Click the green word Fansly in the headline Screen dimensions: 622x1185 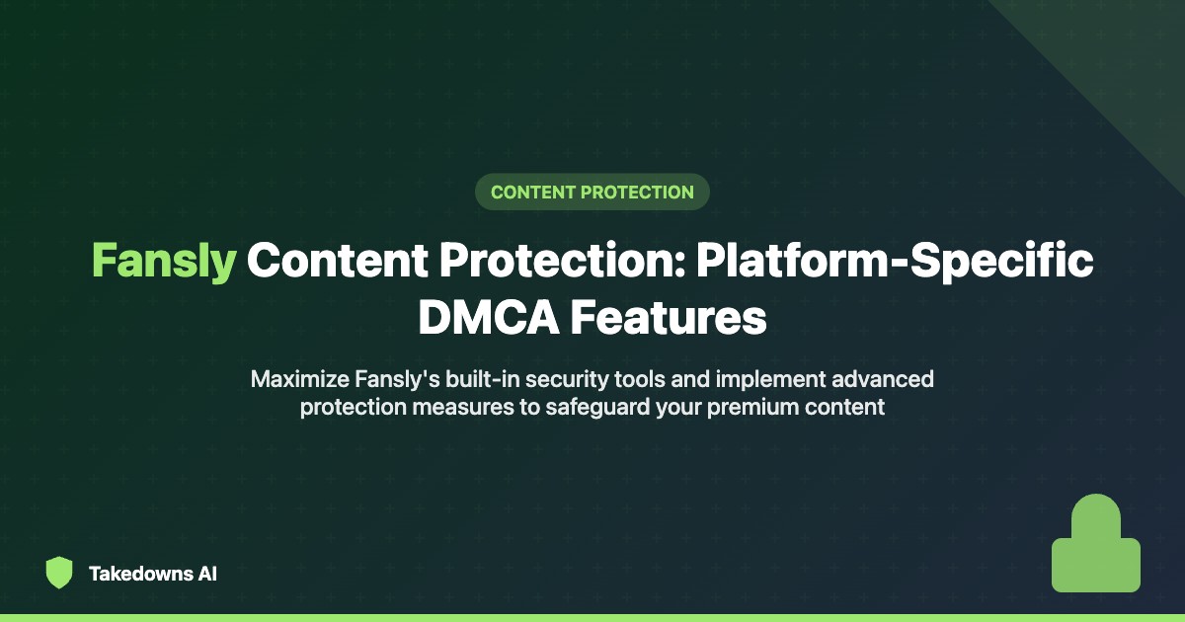[x=164, y=261]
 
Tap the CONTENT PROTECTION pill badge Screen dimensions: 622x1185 [x=592, y=192]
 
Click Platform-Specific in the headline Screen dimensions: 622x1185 [x=896, y=261]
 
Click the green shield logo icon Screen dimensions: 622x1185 [x=59, y=573]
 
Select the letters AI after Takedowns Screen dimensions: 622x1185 [x=205, y=574]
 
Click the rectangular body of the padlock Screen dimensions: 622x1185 [x=1095, y=565]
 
